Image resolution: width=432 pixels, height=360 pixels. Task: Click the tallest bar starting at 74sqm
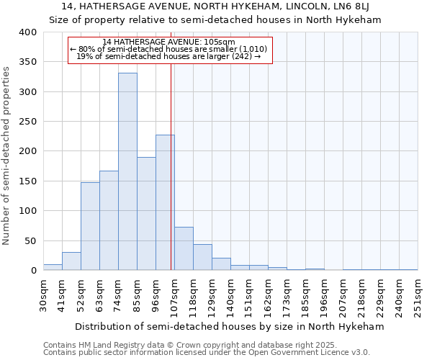[x=127, y=171]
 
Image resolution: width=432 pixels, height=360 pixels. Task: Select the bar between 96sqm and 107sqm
[x=165, y=202]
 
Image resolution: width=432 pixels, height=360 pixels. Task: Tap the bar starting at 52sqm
[x=90, y=226]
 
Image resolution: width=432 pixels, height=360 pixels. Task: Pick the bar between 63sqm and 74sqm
[x=109, y=220]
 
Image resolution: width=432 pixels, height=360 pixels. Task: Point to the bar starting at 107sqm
[x=184, y=248]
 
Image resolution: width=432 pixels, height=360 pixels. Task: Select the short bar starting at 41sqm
[x=71, y=261]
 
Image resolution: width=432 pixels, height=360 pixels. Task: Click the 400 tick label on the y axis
[x=27, y=32]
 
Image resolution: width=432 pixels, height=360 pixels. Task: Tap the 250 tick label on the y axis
[x=27, y=122]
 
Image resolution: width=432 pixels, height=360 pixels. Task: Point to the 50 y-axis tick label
[x=30, y=240]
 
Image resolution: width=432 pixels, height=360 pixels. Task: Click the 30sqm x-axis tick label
[x=44, y=294]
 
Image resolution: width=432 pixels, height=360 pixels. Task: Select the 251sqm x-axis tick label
[x=418, y=295]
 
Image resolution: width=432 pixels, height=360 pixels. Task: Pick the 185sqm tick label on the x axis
[x=306, y=295]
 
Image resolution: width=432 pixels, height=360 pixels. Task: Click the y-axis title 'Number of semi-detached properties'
[x=7, y=155]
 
